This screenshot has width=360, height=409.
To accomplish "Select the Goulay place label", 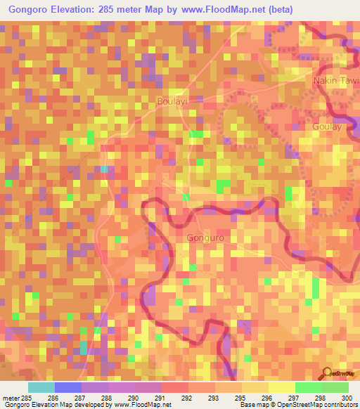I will (x=326, y=126).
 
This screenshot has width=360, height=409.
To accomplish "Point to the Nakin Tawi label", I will (x=336, y=82).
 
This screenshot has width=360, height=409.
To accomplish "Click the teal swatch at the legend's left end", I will (x=41, y=387).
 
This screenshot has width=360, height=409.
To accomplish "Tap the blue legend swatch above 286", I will (x=68, y=387).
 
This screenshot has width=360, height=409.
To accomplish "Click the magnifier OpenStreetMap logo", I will (x=328, y=373).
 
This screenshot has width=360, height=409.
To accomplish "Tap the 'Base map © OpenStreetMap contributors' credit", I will (x=298, y=404).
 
